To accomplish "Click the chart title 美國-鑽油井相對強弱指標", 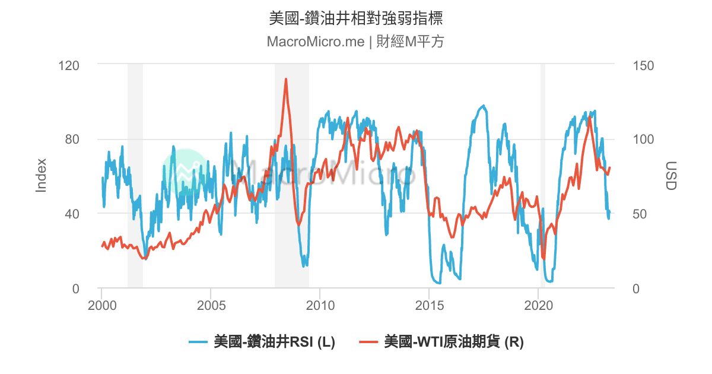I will (x=356, y=18).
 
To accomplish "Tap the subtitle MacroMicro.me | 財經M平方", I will (x=356, y=42).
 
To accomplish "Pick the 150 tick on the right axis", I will (x=643, y=64).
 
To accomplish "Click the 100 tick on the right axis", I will (x=643, y=139).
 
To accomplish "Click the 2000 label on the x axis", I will (x=101, y=306).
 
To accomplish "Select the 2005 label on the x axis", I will (x=211, y=306).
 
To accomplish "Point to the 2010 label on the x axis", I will (x=320, y=306).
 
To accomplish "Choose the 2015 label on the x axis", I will (x=429, y=306).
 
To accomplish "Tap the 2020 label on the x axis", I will (x=538, y=306).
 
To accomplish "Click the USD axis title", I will (x=670, y=175).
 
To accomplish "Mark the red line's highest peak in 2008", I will (x=286, y=79).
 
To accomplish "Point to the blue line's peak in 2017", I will (x=484, y=106).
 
